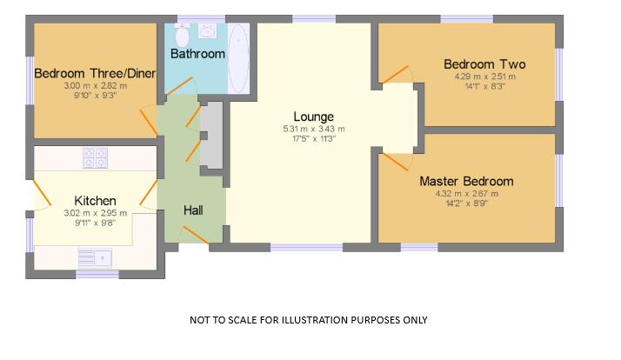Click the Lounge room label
click(x=313, y=117)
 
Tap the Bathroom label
click(x=197, y=54)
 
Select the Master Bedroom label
click(x=466, y=182)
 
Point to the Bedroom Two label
click(x=484, y=64)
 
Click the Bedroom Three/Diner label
click(x=95, y=73)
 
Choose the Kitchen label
click(x=95, y=201)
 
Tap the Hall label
click(x=193, y=210)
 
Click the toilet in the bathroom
click(x=182, y=36)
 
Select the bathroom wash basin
click(x=208, y=31)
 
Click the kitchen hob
click(x=95, y=157)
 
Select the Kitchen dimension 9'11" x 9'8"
click(x=95, y=223)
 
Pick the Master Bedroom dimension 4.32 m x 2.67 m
click(x=466, y=194)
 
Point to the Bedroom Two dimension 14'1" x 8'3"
click(x=484, y=86)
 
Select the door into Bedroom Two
click(x=396, y=76)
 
